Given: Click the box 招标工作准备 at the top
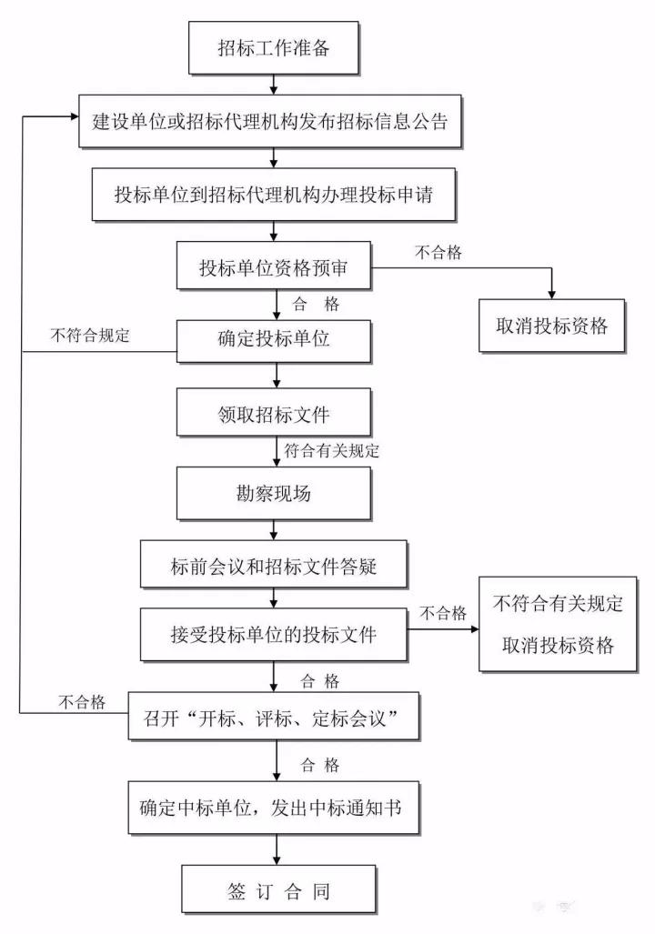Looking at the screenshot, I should click(273, 48).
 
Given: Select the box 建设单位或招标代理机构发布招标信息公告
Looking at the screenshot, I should click(271, 122).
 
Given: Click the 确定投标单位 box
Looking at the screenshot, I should click(274, 341).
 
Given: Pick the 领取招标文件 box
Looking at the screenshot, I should click(274, 414).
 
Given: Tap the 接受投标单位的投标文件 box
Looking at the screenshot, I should click(274, 635).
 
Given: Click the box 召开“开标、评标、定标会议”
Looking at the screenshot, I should click(274, 718).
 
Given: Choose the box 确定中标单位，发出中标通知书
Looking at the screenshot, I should click(274, 807).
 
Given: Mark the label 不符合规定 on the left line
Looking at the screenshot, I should click(90, 335).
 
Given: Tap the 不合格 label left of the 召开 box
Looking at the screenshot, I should click(82, 701).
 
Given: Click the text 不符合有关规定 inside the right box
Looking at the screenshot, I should click(558, 604).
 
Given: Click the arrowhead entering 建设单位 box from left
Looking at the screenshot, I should click(73, 116).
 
